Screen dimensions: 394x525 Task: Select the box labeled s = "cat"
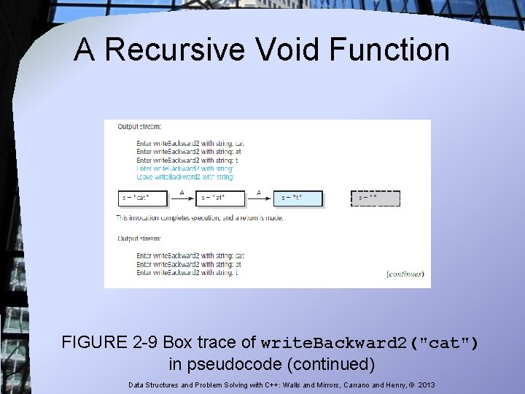143,198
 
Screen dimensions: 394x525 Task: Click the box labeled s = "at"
221,198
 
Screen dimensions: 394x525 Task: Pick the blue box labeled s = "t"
300,198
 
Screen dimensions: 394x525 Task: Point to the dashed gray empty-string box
376,198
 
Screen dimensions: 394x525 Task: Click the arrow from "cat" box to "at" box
182,198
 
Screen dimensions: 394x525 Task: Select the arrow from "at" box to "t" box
260,198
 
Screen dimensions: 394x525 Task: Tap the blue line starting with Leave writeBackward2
185,177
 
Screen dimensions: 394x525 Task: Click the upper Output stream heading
140,127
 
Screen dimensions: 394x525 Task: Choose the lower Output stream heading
140,238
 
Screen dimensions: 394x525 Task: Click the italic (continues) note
405,274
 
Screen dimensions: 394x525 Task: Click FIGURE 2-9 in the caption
109,342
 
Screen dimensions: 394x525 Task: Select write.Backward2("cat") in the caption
370,343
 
